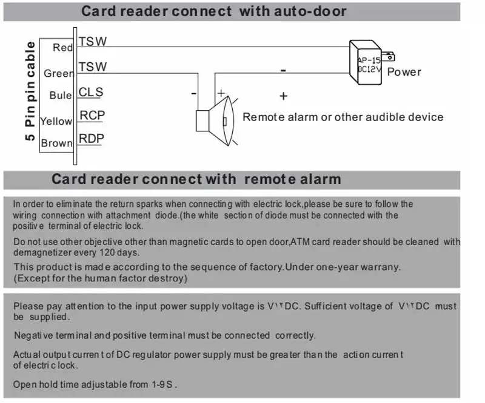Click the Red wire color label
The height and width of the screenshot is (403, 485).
(63, 48)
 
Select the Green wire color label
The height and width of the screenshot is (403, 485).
(59, 73)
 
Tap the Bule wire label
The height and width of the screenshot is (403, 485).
(60, 95)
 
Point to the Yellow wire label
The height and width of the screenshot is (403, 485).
(56, 121)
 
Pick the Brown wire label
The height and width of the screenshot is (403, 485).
(56, 143)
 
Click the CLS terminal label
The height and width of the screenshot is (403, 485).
(90, 92)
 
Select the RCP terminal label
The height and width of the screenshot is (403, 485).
(92, 116)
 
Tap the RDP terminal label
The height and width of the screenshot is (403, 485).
(92, 139)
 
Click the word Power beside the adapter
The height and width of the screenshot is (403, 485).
(404, 72)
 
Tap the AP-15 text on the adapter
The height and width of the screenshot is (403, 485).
(369, 60)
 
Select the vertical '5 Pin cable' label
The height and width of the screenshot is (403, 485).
(30, 91)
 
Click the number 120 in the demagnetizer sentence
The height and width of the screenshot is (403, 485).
(107, 252)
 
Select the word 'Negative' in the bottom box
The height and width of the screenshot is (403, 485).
(33, 335)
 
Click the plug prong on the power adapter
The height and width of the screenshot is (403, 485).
(388, 57)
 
